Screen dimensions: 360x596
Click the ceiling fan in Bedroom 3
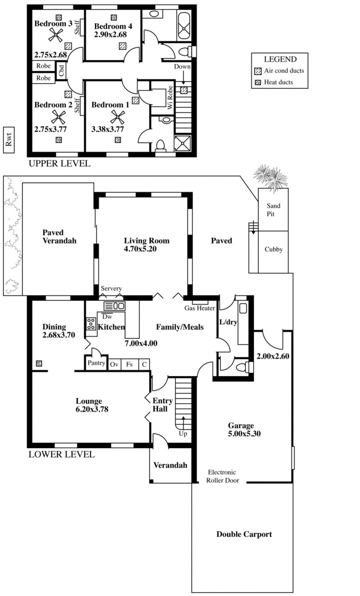click(x=56, y=35)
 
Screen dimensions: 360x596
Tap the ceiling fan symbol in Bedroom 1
click(x=117, y=117)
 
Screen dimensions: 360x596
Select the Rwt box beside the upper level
click(x=9, y=140)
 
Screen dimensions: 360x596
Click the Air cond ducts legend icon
click(x=258, y=71)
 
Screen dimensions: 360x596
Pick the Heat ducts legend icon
click(x=258, y=82)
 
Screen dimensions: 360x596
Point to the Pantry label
click(x=96, y=363)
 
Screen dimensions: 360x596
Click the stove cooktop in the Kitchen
click(x=90, y=323)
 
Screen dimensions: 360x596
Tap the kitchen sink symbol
click(x=114, y=306)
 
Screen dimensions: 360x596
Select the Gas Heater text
click(x=199, y=308)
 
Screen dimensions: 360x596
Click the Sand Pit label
click(x=274, y=210)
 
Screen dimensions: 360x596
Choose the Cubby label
click(x=274, y=250)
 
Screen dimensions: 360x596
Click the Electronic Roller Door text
click(x=222, y=476)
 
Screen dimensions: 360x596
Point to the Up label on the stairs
click(x=183, y=434)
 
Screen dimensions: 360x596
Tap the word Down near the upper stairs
click(x=182, y=67)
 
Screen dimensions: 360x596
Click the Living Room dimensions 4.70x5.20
click(x=140, y=249)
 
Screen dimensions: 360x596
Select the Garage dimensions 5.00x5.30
click(x=244, y=434)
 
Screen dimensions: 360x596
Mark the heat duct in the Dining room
click(x=39, y=363)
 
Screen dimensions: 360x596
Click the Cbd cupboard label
click(x=61, y=71)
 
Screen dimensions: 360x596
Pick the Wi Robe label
click(x=170, y=97)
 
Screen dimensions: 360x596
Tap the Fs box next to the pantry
click(x=130, y=364)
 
